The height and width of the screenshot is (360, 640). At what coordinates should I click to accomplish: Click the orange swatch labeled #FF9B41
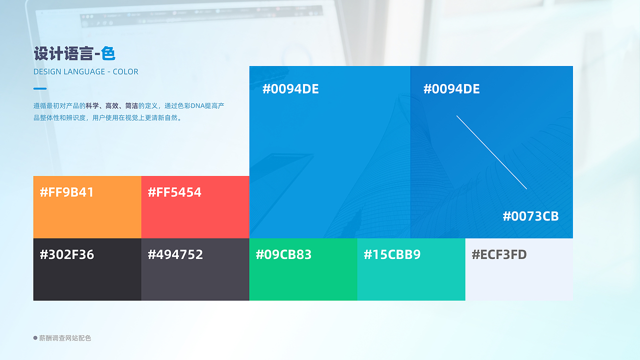coord(87,207)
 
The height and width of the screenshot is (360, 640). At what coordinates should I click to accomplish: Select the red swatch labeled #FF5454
coord(195,207)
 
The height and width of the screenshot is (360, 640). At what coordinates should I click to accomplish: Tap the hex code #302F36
coord(67,254)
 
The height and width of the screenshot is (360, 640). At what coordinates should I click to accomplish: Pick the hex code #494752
coord(175,254)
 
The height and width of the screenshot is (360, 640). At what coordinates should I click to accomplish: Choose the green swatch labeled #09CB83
coord(303,269)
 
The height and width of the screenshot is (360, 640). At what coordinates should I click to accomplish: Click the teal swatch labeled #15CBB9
coord(411,269)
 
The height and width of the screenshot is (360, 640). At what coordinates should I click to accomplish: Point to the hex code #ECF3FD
coord(499,254)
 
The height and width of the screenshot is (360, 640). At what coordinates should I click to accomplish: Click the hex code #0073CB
coord(530,216)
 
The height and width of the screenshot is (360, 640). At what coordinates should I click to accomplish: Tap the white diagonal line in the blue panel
coord(491,152)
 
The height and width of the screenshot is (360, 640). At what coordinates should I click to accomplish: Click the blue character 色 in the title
coord(108,53)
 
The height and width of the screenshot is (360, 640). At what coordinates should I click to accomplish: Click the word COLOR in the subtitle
coord(125,71)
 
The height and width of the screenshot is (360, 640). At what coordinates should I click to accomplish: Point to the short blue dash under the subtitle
coord(40,88)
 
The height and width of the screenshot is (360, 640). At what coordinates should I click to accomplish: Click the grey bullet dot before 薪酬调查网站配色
coord(35,338)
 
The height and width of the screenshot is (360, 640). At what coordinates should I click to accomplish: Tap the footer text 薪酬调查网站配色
coord(65,338)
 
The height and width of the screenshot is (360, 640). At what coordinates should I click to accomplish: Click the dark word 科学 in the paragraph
coord(92,106)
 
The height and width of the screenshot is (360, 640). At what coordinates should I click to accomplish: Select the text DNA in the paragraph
coord(197,106)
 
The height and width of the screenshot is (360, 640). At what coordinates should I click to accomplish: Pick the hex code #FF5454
coord(174,192)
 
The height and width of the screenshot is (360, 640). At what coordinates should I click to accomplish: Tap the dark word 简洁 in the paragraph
coord(131,106)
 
